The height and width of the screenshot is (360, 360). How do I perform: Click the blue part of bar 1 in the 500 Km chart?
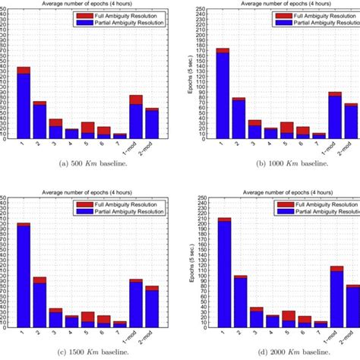point(24,106)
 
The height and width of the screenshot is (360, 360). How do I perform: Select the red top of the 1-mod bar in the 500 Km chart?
point(136,99)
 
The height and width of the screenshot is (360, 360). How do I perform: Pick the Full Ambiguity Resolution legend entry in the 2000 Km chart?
point(317,204)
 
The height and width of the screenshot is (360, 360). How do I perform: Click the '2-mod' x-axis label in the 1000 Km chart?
point(352,146)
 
